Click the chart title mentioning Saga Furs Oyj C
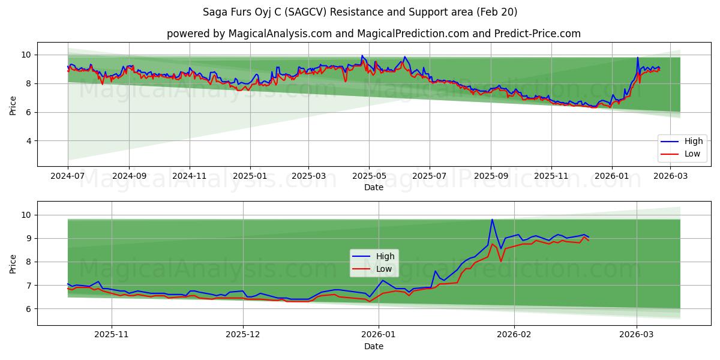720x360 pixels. click(x=360, y=12)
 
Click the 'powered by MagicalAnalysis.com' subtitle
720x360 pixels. click(x=373, y=34)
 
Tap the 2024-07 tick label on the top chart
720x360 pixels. click(x=68, y=177)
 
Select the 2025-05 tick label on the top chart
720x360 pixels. click(x=369, y=177)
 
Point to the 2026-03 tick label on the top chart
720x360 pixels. click(x=670, y=177)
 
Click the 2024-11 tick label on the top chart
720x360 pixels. click(x=190, y=177)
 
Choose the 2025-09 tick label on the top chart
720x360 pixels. click(x=491, y=177)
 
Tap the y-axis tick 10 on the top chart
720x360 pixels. click(x=25, y=55)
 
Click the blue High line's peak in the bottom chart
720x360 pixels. click(x=492, y=220)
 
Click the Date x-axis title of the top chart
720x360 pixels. click(x=373, y=187)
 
